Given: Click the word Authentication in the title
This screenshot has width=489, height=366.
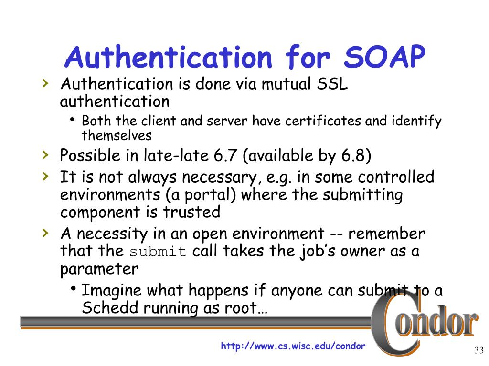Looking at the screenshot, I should [170, 58].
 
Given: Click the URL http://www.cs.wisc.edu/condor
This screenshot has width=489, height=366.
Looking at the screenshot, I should [293, 346].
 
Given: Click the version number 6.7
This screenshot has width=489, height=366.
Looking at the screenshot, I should [232, 155].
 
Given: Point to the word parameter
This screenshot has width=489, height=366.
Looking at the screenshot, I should [99, 269].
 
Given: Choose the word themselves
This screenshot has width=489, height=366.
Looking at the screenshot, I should [117, 135].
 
